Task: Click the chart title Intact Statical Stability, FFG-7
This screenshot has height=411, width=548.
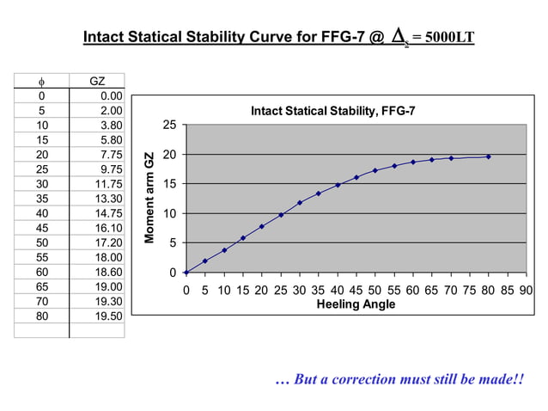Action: coord(332,110)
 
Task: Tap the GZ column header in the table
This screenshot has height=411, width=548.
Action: coord(98,81)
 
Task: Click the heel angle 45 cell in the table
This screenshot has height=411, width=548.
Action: coord(41,227)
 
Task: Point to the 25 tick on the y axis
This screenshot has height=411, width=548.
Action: coord(170,126)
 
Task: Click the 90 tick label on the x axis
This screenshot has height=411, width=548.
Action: coord(526,290)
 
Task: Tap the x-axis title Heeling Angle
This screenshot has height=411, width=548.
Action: coord(356,304)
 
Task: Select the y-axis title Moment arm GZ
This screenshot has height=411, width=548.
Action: coord(149,199)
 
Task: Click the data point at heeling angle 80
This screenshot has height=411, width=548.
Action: coord(489,156)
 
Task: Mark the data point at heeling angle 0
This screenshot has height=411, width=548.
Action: coord(186,273)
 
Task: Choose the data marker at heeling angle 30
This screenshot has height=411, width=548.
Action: coord(300,203)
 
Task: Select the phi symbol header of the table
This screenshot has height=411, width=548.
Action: coord(42,81)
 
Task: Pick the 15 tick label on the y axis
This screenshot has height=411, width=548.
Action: coord(170,184)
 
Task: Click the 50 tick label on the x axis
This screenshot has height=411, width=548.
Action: coord(374,290)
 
